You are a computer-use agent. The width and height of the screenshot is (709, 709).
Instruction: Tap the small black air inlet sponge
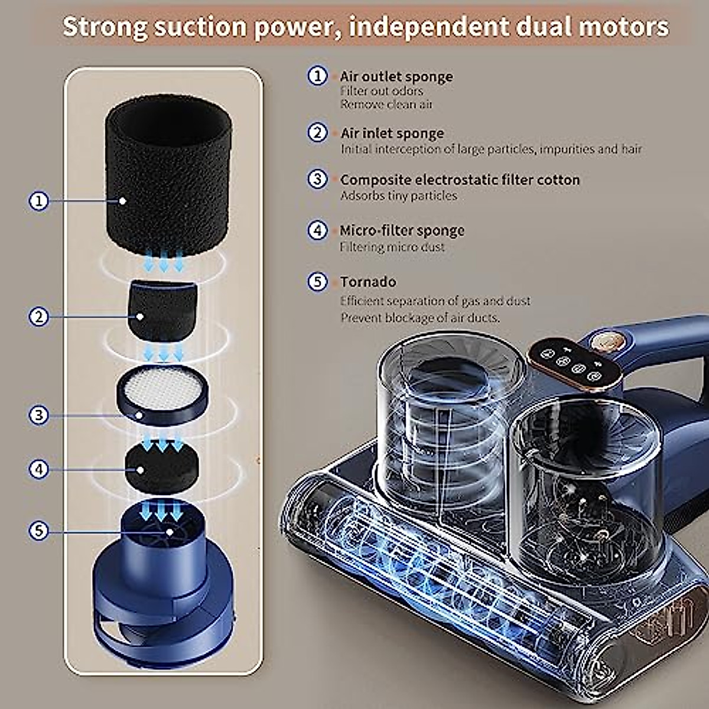point(162,310)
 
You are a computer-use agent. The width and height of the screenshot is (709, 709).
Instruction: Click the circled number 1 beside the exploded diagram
point(39,201)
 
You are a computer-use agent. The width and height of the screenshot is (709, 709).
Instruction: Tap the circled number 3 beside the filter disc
point(39,415)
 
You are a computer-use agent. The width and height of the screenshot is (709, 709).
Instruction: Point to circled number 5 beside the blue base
point(39,531)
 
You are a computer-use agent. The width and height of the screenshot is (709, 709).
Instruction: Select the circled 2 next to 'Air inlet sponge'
point(318,132)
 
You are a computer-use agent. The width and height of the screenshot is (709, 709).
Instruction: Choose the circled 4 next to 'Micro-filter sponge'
point(318,230)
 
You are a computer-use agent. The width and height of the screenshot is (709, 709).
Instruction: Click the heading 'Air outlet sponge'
point(396,77)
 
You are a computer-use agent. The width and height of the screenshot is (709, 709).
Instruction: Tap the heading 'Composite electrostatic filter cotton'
point(460,180)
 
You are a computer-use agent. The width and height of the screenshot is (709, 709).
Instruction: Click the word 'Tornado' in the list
point(367,282)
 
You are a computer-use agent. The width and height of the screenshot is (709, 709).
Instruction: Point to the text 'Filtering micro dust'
point(392,247)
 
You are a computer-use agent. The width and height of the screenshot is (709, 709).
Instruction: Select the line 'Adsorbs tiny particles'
point(398,196)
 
